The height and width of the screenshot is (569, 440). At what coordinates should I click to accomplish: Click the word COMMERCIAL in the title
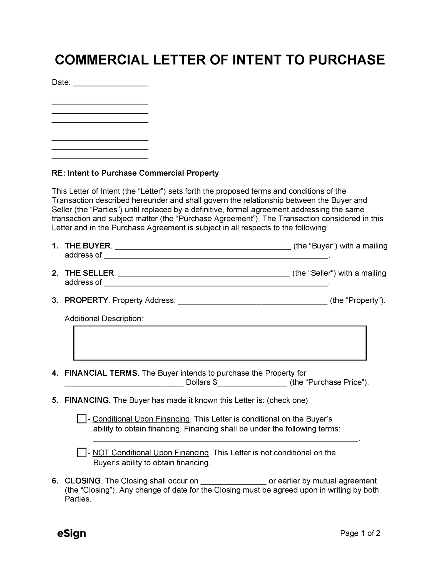[102, 60]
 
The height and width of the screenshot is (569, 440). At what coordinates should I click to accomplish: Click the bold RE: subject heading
[135, 173]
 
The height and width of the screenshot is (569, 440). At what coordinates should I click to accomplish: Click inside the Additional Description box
[220, 343]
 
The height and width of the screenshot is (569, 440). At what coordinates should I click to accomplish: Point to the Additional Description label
[104, 318]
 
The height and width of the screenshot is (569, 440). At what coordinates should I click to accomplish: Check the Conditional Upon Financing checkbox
[81, 419]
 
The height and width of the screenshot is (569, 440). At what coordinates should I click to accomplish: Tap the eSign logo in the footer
[71, 533]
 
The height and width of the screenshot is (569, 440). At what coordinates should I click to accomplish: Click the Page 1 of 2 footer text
[360, 533]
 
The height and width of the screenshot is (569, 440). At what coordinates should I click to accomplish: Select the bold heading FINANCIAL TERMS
[101, 373]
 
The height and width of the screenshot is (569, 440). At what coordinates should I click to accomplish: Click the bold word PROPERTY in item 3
[86, 300]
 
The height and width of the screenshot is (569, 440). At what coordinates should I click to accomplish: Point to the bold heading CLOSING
[83, 481]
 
